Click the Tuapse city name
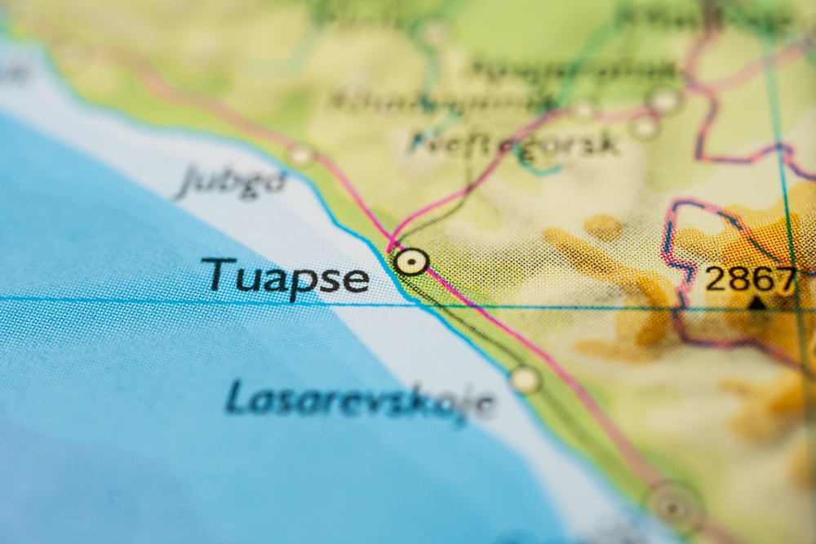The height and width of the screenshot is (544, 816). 285,276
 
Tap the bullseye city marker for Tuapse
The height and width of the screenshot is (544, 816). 410,261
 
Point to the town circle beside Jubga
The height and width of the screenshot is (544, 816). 302,154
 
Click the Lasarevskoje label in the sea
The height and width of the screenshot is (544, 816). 360,400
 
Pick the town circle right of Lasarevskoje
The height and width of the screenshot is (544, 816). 525,379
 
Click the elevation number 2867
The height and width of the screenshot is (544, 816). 749,279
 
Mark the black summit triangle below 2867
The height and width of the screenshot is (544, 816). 757,302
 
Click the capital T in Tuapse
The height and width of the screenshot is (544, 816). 215,273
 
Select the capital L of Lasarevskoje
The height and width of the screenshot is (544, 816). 236,395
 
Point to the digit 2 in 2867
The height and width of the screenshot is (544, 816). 716,279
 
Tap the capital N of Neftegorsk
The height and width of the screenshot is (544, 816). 425,140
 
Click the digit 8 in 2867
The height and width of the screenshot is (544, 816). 738,279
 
